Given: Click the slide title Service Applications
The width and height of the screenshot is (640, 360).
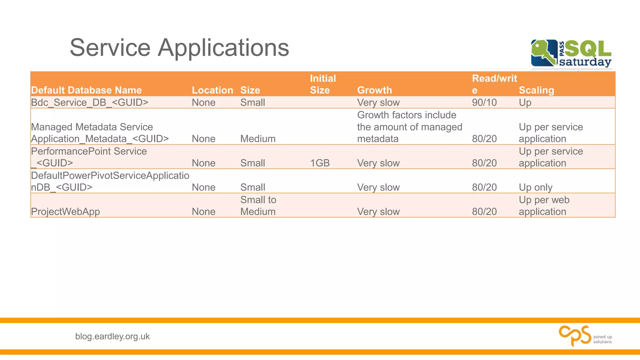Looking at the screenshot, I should (179, 48).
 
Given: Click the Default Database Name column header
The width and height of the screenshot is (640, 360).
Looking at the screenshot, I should (86, 90).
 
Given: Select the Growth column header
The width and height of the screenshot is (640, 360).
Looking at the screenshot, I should (374, 90).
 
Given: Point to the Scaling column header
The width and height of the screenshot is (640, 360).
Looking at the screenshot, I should (536, 90).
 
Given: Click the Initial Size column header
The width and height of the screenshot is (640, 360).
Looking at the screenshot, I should (322, 84).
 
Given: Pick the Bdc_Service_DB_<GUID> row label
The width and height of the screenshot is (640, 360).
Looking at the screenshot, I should (89, 102).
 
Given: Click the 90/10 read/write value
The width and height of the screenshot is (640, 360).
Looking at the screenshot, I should (484, 102).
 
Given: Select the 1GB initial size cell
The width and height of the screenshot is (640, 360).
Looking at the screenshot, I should (320, 163).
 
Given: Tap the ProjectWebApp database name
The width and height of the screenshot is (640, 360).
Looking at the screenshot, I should (65, 212).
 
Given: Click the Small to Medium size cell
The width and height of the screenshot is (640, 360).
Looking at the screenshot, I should (258, 206).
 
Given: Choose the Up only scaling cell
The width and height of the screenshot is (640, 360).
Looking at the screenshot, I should (535, 187).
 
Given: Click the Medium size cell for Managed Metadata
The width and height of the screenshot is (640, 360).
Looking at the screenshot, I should (258, 139).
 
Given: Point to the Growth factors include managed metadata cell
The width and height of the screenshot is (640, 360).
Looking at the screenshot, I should (409, 127).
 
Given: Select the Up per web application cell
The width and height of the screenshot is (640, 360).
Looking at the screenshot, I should (544, 206).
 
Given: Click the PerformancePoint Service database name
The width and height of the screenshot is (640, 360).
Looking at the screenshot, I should (89, 157).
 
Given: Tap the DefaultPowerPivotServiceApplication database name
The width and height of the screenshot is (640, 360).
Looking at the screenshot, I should (110, 181).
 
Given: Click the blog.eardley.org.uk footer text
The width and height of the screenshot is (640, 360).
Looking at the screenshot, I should (112, 337).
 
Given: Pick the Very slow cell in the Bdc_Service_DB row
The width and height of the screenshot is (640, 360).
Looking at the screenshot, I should (378, 102).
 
